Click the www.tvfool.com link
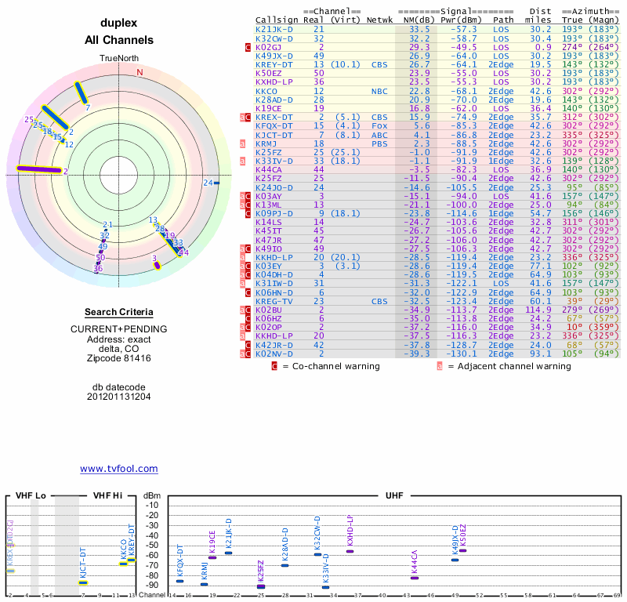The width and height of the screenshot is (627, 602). tap(119, 469)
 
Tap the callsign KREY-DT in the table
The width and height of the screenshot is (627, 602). tap(274, 65)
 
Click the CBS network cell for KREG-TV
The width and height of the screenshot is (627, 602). tap(379, 300)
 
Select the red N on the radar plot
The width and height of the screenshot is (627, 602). tap(140, 72)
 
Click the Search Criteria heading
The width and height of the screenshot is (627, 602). tap(119, 312)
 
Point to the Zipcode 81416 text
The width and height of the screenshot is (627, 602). tap(119, 357)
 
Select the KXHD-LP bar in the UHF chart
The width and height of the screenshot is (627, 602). tap(350, 551)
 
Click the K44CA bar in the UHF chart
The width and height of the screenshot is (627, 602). tap(415, 578)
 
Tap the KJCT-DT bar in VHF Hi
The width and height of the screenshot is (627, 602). tap(83, 582)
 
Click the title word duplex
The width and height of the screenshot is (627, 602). tap(119, 24)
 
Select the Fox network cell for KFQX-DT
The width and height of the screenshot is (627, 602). tap(379, 125)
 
